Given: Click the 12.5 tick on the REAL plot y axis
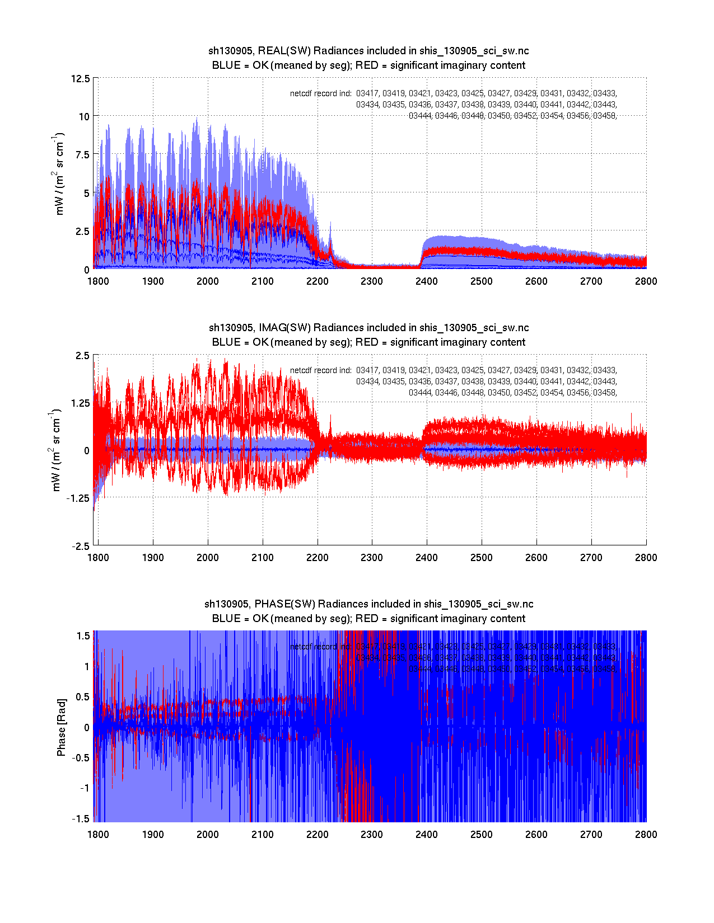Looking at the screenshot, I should (80, 78).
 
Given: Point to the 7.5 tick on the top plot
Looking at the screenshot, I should (82, 155).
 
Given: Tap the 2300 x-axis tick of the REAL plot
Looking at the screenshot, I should (372, 281).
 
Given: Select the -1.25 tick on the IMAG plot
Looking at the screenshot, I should (77, 498).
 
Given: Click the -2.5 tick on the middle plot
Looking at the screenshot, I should (80, 546).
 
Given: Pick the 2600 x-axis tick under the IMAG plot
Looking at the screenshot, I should (536, 557).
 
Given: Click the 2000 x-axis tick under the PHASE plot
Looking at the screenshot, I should (208, 834).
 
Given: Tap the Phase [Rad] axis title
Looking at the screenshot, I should (61, 727).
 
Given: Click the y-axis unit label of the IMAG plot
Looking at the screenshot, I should (57, 450).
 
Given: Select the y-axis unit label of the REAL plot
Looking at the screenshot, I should (59, 174).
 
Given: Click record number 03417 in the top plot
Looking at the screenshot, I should (367, 93).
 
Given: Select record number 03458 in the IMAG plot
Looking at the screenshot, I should (604, 393).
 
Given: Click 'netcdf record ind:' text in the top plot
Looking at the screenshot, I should (321, 93).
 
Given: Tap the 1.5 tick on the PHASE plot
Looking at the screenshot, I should (83, 635).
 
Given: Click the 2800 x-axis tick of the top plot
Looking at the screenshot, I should (646, 281).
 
